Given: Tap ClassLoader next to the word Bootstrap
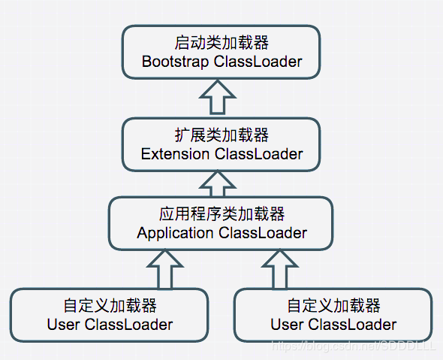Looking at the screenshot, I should point(258,62).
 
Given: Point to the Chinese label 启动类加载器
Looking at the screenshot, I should point(221,43).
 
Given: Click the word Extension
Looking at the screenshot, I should point(175,154).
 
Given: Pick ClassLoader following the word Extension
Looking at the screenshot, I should point(258,154).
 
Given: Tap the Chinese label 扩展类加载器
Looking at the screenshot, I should point(221,136).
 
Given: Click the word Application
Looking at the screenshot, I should point(175,233).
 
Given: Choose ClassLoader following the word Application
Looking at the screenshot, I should point(263,233).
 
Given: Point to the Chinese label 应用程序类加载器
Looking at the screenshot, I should point(221,215).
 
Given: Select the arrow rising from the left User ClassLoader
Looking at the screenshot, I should point(165,270).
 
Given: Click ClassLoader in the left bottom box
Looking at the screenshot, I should point(128,325).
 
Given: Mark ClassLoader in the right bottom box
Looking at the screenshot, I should point(352,325).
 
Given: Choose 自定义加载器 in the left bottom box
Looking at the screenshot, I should point(110,307).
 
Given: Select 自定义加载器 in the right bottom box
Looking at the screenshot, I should point(333,307).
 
